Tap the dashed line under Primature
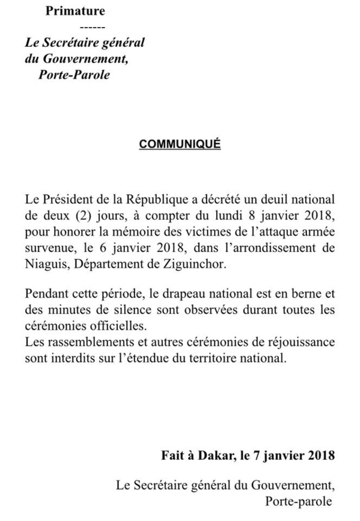pos(92,28)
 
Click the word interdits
pos(72,360)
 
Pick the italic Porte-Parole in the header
pos(75,76)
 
